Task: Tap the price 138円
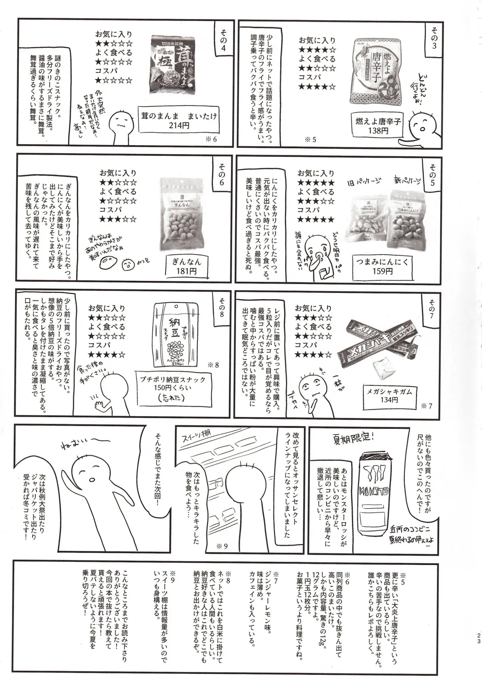point(378,131)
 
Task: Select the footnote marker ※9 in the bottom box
point(173,573)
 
